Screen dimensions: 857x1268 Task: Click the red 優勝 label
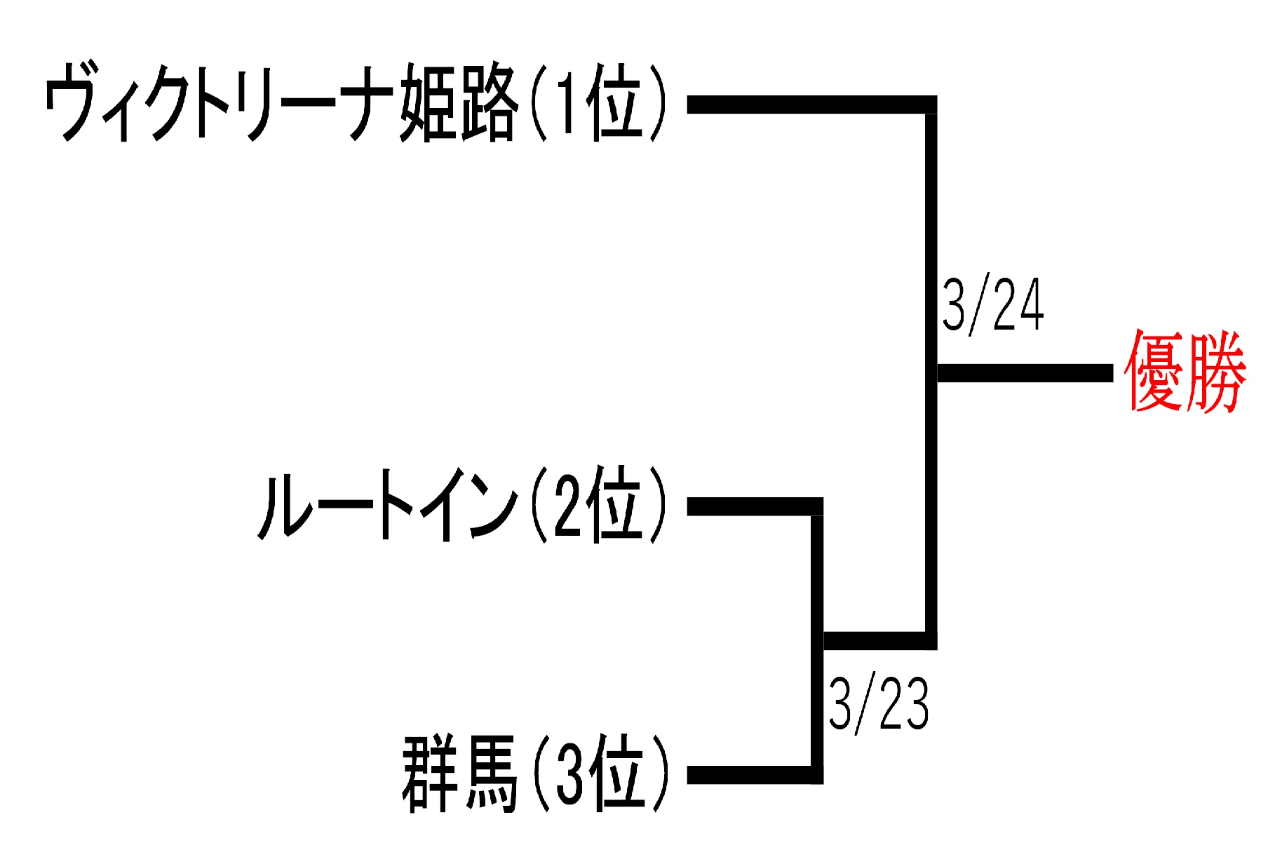[x=1185, y=372]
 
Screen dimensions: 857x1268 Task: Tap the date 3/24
[x=993, y=305]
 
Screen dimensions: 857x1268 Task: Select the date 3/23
[x=878, y=703]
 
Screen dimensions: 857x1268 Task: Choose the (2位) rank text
[x=598, y=505]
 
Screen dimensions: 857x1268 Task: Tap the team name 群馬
[x=459, y=774]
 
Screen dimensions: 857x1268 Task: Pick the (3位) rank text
[x=600, y=774]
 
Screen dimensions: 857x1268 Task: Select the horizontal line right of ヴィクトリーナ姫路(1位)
[x=807, y=104]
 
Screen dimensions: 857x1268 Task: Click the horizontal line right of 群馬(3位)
[x=750, y=775]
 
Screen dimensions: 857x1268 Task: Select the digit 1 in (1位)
[x=566, y=103]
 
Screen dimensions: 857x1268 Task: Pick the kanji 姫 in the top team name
[x=428, y=103]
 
